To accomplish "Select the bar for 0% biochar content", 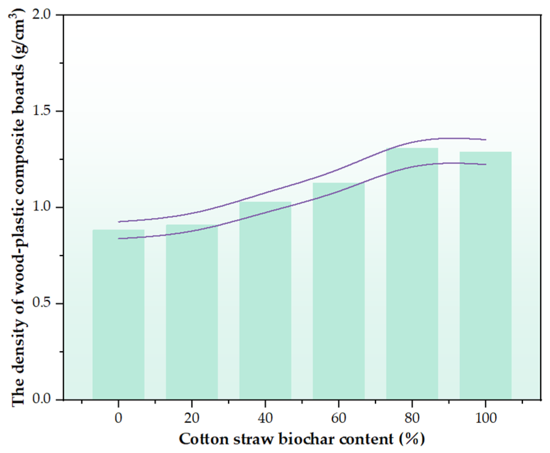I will click(x=118, y=314).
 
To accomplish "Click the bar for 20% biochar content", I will click(x=192, y=312).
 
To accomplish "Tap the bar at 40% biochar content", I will click(x=265, y=300).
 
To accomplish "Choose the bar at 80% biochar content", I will click(x=412, y=273).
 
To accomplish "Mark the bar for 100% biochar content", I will click(x=485, y=275).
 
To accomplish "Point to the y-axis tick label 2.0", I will click(x=41, y=14).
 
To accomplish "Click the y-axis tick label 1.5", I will click(x=41, y=111).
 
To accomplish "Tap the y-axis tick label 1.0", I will click(x=41, y=207).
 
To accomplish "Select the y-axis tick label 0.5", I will click(x=41, y=303).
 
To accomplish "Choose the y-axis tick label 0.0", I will click(x=41, y=399).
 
